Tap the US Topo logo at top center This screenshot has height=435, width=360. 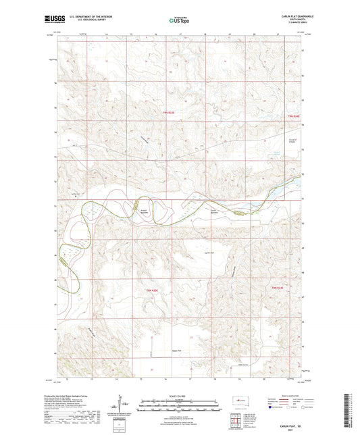tap(179, 21)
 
